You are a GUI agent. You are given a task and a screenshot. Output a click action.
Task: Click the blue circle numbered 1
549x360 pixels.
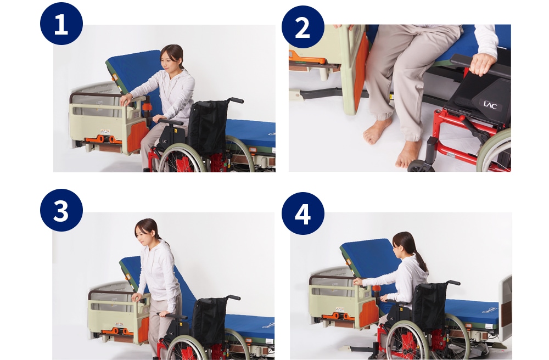[x=61, y=24]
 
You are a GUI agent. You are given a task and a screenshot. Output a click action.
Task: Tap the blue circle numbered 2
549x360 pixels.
[x=303, y=26]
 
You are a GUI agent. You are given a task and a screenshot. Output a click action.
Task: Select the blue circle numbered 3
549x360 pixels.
[x=61, y=210]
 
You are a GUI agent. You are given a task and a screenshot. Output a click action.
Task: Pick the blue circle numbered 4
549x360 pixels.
[x=303, y=213]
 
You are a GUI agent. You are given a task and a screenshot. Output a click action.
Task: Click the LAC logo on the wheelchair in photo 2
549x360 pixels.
[x=490, y=105]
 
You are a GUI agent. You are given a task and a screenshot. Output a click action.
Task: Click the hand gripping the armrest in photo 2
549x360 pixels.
[x=483, y=63]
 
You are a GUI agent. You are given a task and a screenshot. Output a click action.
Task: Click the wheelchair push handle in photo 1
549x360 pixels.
[x=236, y=100]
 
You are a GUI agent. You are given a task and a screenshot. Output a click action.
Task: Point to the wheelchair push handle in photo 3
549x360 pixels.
[x=233, y=297]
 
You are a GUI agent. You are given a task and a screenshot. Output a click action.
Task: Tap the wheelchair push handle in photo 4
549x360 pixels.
[x=454, y=282]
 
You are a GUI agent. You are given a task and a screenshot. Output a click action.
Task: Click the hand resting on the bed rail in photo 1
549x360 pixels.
[x=125, y=100]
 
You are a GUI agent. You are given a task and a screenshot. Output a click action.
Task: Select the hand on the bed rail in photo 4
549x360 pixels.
[x=358, y=282]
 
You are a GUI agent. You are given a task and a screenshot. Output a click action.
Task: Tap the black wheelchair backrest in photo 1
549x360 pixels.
[x=208, y=127]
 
